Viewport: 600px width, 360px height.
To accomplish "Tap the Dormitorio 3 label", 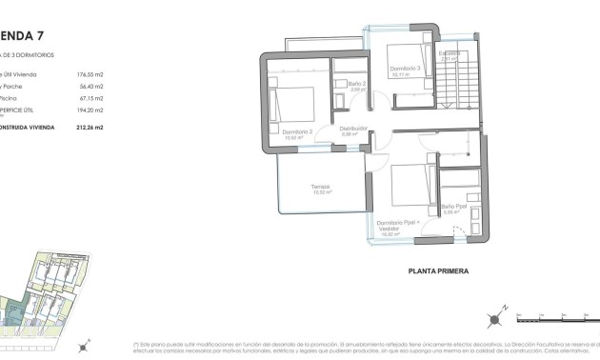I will tap(405, 69).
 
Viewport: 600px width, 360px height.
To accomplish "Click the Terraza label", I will tap(320, 188).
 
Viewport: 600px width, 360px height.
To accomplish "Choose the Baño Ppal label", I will tap(452, 208).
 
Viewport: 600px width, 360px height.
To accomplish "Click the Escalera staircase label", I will tap(450, 53).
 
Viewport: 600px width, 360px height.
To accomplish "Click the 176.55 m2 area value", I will tap(90, 73).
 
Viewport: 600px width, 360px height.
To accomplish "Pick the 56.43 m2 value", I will tap(91, 87).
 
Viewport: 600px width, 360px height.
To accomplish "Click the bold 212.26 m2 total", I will tap(90, 127).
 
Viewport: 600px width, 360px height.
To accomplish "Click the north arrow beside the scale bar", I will tap(497, 317).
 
